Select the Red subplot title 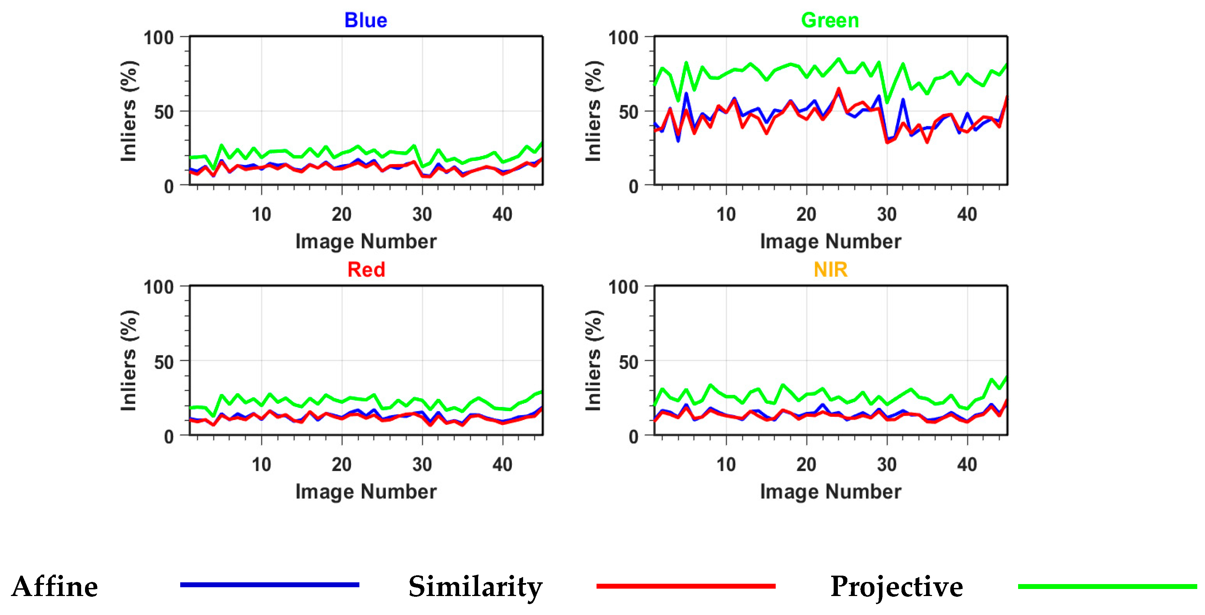tap(366, 270)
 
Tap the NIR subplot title tap(830, 270)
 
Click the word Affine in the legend tap(55, 587)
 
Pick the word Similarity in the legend tap(475, 587)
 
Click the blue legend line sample tap(269, 584)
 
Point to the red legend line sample tap(686, 585)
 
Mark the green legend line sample tap(1107, 586)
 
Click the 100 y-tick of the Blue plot tap(158, 38)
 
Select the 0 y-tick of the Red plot tap(169, 437)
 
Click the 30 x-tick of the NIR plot tap(886, 464)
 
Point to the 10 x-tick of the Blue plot tap(261, 214)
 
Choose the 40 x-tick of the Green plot tap(967, 214)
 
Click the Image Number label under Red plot tap(366, 491)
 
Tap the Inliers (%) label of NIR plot tap(593, 360)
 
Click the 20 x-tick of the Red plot tap(341, 464)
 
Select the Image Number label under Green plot tap(830, 241)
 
